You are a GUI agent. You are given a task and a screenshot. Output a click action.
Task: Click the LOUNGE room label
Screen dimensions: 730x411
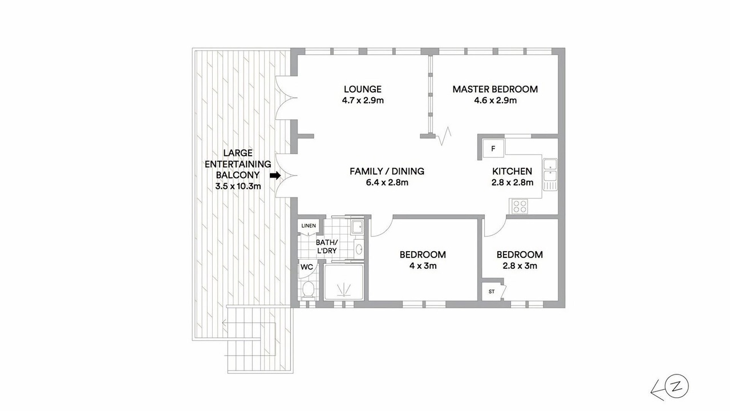point(363,89)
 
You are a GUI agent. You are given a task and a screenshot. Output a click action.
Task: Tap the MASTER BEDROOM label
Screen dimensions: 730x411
point(495,89)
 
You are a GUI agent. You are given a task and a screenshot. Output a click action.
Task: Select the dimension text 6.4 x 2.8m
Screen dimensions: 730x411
point(387,182)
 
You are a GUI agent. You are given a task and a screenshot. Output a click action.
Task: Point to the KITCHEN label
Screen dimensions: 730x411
point(512,171)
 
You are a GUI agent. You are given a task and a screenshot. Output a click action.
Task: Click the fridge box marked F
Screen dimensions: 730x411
point(493,148)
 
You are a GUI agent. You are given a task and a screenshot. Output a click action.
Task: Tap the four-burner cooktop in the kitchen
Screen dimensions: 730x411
point(520,207)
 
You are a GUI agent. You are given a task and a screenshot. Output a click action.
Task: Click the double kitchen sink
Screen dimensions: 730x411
point(550,175)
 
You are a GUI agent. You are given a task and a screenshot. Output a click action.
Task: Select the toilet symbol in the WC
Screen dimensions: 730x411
point(308,289)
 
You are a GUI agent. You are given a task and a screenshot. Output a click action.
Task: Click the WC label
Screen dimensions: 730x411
point(307,267)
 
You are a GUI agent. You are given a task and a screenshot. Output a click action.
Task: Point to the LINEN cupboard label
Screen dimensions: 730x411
point(309,225)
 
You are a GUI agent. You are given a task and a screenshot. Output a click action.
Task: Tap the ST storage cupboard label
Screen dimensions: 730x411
point(492,292)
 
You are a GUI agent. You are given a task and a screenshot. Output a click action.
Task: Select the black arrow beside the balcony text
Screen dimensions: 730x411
point(275,175)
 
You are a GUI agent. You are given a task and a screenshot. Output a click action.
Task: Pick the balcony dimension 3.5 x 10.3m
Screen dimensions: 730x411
point(238,186)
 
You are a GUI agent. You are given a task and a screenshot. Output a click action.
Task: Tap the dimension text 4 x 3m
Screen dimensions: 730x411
point(423,266)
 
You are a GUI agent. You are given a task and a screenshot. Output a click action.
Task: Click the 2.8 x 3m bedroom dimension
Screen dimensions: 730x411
point(520,266)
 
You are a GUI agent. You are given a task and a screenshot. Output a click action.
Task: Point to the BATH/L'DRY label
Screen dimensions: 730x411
point(327,247)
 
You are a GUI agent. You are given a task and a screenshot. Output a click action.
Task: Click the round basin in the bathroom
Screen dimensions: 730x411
point(359,249)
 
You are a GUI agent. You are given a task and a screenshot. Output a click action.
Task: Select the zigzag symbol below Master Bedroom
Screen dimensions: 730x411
point(444,136)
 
